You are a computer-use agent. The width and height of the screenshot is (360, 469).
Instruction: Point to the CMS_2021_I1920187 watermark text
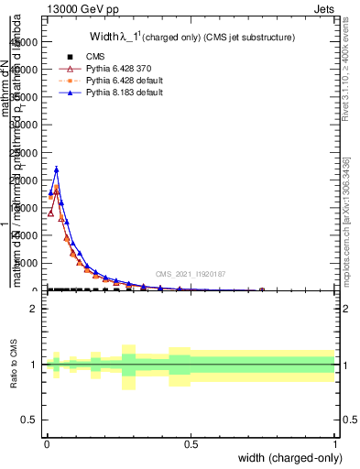point(190,273)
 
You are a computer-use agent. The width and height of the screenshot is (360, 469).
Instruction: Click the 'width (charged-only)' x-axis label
point(290,458)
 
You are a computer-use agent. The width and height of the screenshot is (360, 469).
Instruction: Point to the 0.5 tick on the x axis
point(191,444)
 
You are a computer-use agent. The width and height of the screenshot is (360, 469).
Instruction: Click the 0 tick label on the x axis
point(47,444)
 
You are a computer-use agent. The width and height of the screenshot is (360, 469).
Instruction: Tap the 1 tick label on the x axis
point(334,444)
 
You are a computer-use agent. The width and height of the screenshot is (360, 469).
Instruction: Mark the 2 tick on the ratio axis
point(34,309)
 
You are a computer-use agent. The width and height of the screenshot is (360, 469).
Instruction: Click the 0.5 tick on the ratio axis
point(30,420)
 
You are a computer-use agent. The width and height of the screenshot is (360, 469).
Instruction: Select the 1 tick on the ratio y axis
point(34,365)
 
